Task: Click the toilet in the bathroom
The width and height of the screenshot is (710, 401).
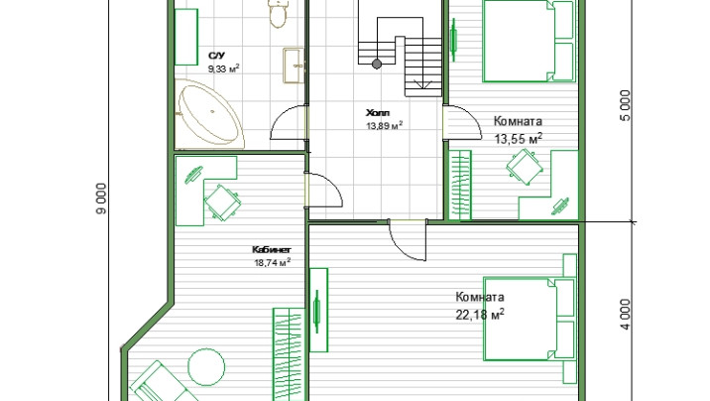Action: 278,13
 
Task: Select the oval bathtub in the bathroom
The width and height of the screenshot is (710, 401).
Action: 208,114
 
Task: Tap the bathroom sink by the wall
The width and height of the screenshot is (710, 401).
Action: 294,66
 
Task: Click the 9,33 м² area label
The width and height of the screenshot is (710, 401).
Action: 224,68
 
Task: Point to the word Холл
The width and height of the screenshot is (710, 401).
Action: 378,113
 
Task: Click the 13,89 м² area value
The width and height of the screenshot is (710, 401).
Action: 385,125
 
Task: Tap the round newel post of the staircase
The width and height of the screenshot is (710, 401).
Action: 377,65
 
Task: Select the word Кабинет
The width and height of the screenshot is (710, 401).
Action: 272,250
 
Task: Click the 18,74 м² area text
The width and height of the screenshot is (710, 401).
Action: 272,262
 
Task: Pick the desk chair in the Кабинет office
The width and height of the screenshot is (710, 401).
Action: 221,202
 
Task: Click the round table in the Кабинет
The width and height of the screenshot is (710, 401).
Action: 206,367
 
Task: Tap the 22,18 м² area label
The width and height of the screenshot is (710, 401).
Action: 480,314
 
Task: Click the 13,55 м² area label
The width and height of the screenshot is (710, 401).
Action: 518,139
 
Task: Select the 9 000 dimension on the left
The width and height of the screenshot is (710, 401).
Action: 102,199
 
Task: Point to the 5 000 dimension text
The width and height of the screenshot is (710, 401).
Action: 625,105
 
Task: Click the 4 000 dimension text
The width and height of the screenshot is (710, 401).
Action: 625,315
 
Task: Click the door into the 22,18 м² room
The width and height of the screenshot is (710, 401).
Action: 408,240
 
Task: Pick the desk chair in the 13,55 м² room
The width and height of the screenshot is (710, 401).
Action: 525,167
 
